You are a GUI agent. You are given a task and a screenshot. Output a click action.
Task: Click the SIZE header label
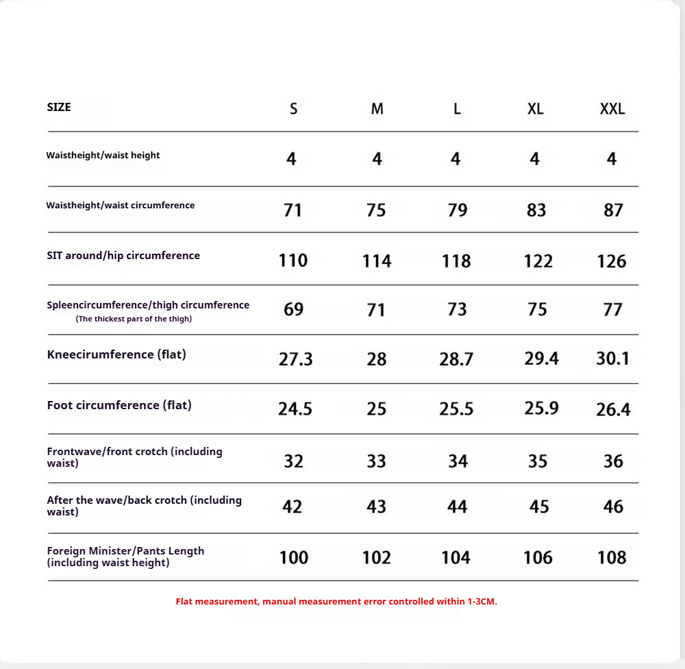point(59,107)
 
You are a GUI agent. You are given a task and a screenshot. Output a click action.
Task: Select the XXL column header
point(612,109)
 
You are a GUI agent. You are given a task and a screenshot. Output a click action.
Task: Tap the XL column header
point(536,109)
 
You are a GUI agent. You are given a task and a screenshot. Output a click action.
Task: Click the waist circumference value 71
point(292,210)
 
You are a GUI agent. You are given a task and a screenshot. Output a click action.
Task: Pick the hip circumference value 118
point(456,261)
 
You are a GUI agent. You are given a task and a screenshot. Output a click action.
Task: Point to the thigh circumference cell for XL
point(538,310)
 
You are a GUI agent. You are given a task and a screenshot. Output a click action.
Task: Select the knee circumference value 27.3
point(296,359)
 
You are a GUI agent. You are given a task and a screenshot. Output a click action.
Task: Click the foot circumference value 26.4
point(613,410)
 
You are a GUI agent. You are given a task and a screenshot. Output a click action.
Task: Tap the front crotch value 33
point(376,461)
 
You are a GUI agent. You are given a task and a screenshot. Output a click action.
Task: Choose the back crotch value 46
point(613,507)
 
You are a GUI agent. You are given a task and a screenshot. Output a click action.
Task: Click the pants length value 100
point(294,557)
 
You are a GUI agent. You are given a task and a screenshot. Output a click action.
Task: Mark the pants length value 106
point(538,557)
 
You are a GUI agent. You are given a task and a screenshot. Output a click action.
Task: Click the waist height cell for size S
point(292,159)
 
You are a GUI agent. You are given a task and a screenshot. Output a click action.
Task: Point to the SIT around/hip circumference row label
point(123,256)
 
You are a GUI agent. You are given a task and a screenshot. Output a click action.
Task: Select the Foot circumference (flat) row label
point(119,405)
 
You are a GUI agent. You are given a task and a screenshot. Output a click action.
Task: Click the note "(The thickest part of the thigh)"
point(134,319)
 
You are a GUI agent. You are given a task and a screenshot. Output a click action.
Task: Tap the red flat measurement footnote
point(336,601)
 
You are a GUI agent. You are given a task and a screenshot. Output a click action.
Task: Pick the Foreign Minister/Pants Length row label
point(125,557)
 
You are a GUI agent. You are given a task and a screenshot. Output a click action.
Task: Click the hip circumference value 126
point(612,261)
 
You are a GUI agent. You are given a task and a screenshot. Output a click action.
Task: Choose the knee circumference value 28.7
point(456,359)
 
